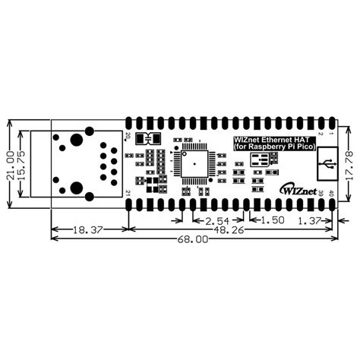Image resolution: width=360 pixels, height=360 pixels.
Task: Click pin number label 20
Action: [128, 136]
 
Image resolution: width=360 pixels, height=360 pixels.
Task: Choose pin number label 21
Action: [128, 193]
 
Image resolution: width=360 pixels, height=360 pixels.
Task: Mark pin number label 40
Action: [332, 193]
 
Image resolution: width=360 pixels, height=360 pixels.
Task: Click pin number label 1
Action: [332, 134]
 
